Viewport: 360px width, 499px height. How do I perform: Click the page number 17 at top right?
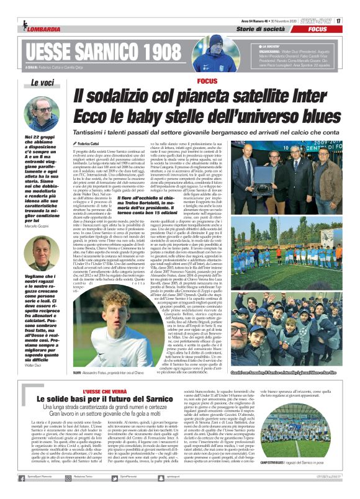[339, 20]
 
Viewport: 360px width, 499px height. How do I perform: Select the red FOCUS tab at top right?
[317, 29]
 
